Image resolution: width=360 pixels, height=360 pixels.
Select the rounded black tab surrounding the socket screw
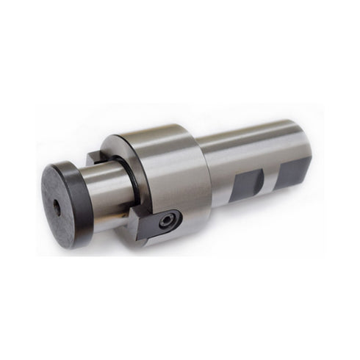click(174, 218)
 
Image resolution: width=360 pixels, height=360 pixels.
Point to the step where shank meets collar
click(208, 158)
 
